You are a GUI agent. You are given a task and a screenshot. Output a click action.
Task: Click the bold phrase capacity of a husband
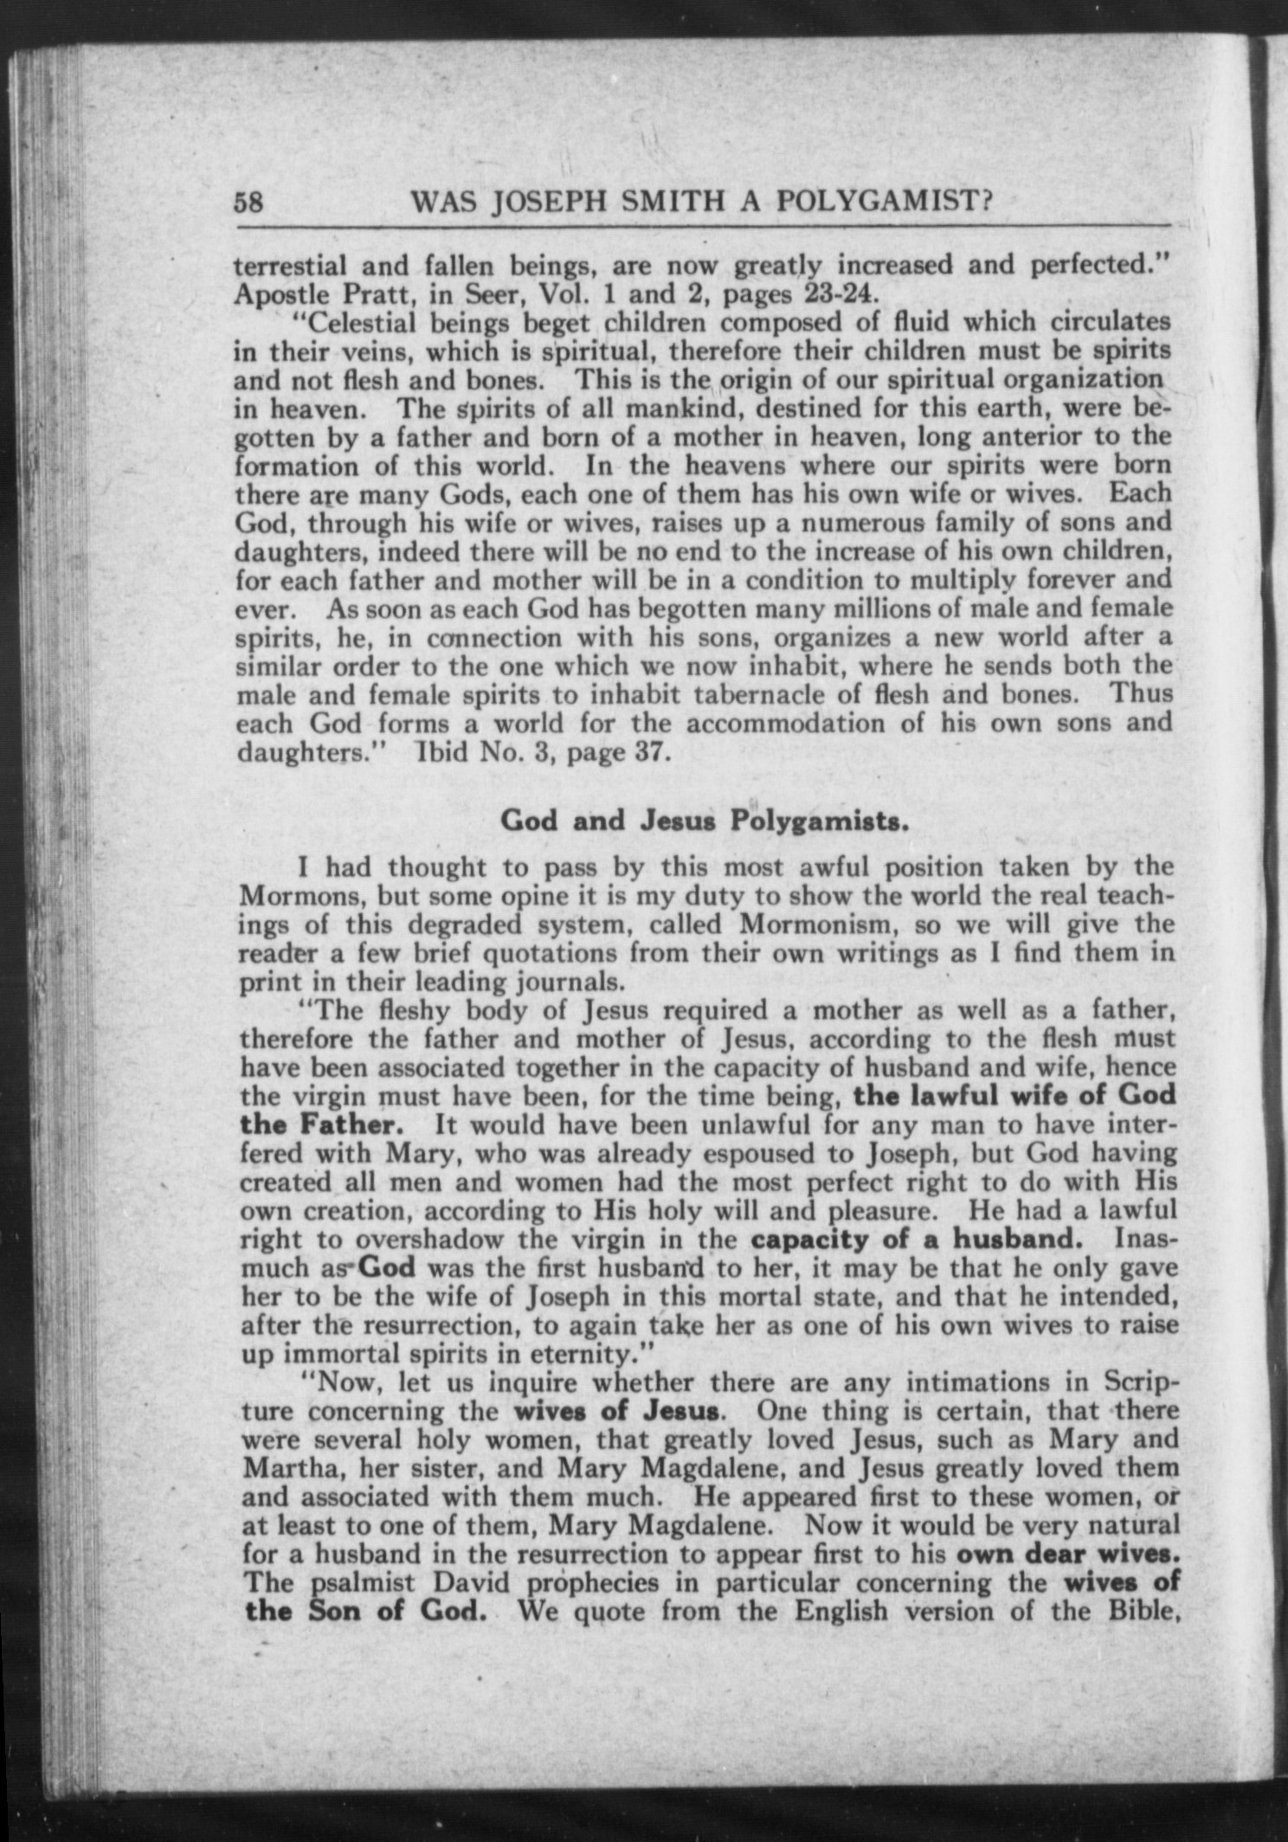916,1238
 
